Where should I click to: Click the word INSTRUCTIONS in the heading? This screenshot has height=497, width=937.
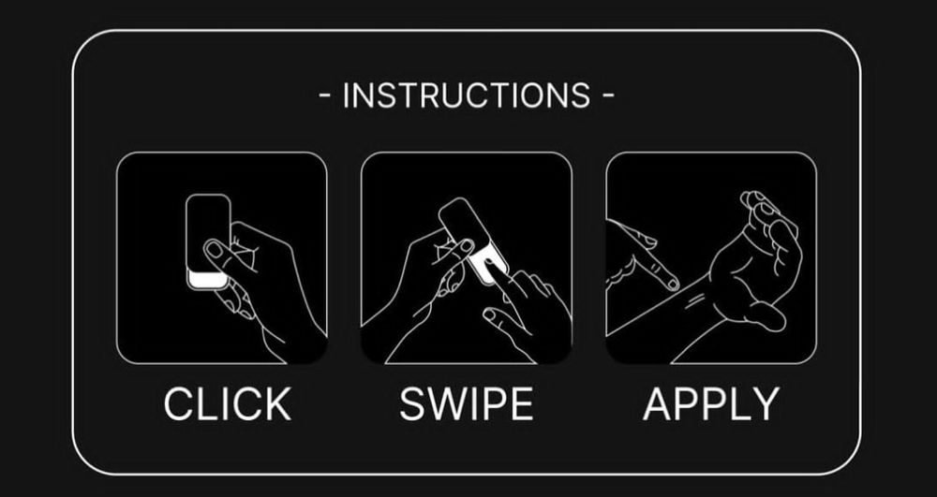pos(467,95)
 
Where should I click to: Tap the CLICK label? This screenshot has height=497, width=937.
pos(228,404)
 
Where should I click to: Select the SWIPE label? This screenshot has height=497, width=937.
pos(466,404)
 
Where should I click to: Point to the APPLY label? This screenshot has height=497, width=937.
pos(711,404)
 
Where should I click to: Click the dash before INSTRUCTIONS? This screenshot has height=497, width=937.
pos(326,96)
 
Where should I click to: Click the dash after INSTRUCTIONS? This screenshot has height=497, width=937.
pos(607,96)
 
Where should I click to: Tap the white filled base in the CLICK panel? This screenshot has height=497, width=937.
pos(207,279)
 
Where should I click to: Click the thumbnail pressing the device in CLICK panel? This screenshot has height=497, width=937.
pos(213,248)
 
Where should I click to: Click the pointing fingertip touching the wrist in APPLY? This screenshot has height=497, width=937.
pos(671,283)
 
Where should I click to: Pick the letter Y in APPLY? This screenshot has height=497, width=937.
pos(766,404)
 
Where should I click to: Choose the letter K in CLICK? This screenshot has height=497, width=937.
pos(278,404)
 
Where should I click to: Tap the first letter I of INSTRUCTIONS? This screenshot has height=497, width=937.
pos(346,95)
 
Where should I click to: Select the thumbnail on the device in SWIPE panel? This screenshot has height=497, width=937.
pos(467,245)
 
